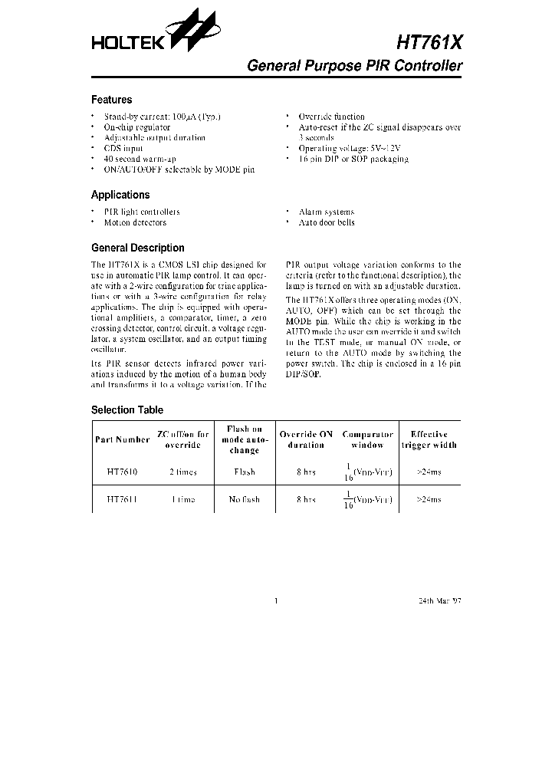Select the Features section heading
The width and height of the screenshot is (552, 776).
pos(111,100)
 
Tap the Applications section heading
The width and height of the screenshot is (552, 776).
pos(120,195)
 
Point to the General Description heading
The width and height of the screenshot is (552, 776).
pos(137,248)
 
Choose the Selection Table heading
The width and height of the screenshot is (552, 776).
pos(127,410)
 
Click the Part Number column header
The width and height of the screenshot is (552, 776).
pos(123,440)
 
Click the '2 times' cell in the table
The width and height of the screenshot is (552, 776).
pos(183,472)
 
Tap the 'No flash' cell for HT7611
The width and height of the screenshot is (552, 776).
pos(245,499)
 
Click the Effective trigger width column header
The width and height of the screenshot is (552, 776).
pos(429,439)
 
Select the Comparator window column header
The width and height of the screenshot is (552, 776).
pos(367,439)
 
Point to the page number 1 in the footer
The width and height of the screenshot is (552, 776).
pos(275,600)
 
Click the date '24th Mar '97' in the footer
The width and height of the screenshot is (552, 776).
pos(439,600)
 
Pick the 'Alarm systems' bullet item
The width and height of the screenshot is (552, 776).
pos(326,212)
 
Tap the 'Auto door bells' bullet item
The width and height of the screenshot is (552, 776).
pos(327,222)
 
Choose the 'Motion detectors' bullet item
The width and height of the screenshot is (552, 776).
pos(135,222)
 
